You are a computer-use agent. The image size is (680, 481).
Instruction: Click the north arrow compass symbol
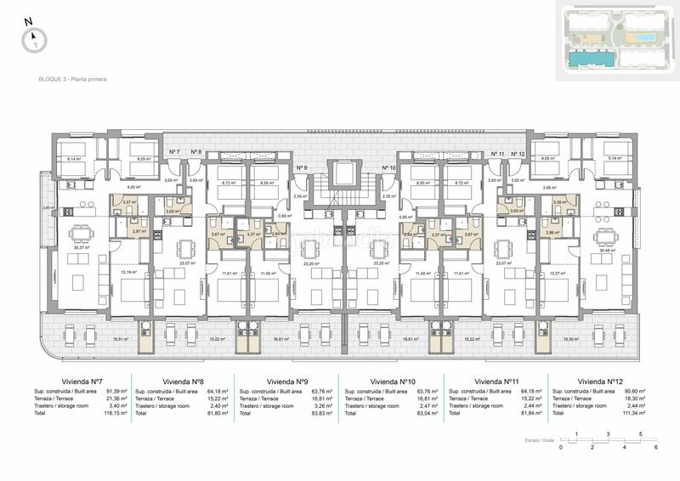click(x=35, y=37)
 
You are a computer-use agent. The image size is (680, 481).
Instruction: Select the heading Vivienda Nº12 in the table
click(x=599, y=382)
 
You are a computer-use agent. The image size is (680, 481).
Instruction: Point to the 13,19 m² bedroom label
click(x=127, y=273)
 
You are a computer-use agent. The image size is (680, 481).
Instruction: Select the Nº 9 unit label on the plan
click(x=301, y=168)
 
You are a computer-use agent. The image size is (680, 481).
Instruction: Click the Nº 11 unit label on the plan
click(x=497, y=153)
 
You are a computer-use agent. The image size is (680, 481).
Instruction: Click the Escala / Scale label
click(x=539, y=441)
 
